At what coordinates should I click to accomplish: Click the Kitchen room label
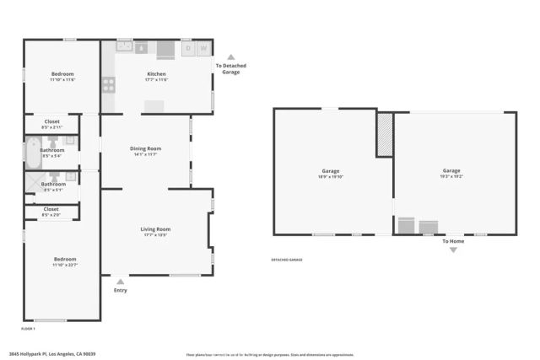(x=157, y=73)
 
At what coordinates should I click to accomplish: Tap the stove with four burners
(x=109, y=83)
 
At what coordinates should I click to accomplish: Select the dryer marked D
(x=188, y=48)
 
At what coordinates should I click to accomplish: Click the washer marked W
(x=203, y=48)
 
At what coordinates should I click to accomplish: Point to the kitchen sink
(x=124, y=47)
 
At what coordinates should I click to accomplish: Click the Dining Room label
(x=145, y=148)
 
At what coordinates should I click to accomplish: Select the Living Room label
(x=155, y=229)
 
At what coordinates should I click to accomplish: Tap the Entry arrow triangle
(x=121, y=282)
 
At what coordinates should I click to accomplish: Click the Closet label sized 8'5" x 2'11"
(x=51, y=121)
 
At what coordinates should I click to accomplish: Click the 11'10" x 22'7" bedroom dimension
(x=65, y=265)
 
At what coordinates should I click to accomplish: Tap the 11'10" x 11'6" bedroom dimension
(x=62, y=79)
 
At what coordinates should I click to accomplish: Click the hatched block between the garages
(x=385, y=133)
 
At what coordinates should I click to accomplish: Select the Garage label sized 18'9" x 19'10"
(x=330, y=171)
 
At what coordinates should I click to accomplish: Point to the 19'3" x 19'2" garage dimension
(x=452, y=177)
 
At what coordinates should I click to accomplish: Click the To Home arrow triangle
(x=454, y=250)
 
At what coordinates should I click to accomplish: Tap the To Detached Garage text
(x=230, y=68)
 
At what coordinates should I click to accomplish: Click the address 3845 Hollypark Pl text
(x=52, y=353)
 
